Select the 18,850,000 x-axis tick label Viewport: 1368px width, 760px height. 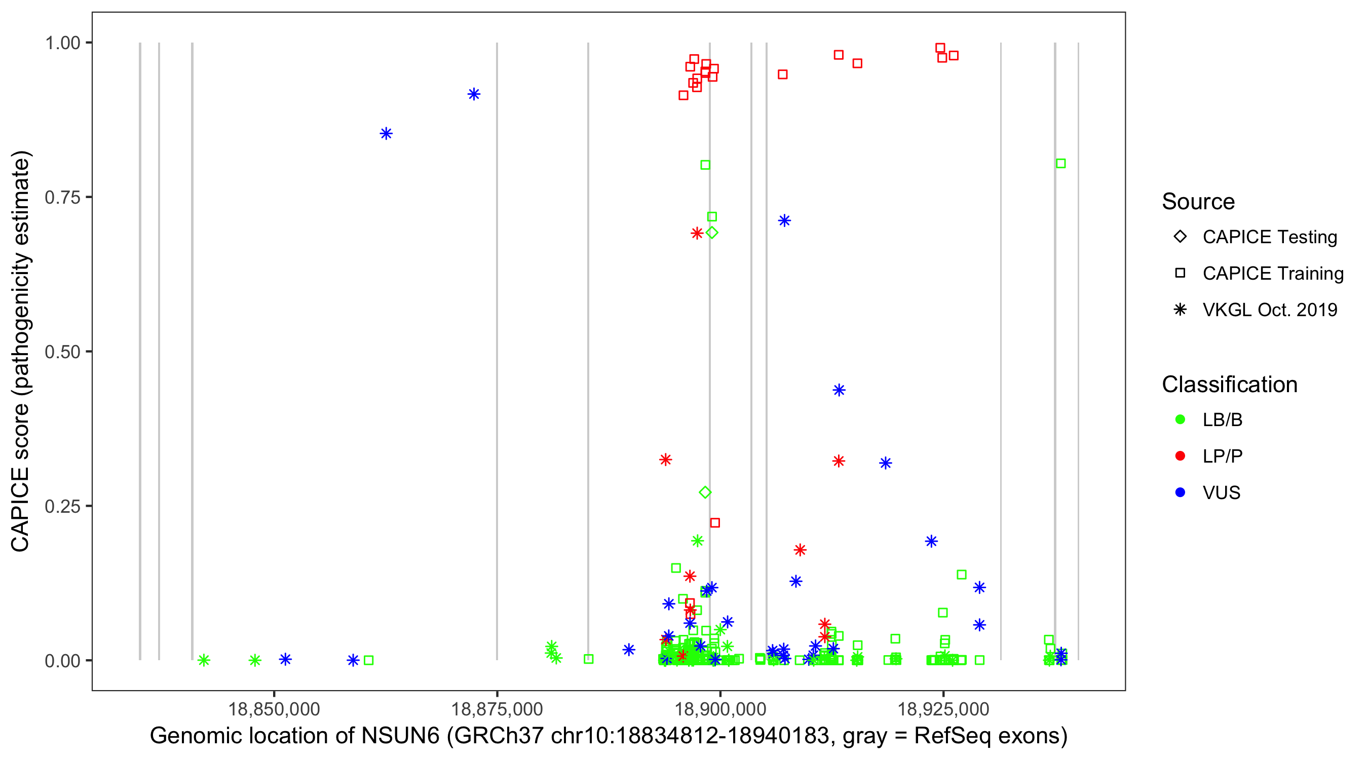[274, 709]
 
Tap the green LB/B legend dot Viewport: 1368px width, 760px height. [1180, 420]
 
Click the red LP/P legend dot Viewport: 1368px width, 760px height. [1180, 456]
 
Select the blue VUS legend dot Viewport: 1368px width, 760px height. [1180, 492]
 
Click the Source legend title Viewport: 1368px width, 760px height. [1198, 202]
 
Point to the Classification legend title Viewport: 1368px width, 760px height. [1229, 385]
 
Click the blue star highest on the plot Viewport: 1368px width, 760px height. [474, 94]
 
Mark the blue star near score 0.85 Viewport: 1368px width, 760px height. [386, 133]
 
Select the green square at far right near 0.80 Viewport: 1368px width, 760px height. [1060, 164]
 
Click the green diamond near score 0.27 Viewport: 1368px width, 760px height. [705, 492]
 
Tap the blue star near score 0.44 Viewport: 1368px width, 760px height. [839, 390]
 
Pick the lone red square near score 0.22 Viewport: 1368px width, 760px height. [715, 522]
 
